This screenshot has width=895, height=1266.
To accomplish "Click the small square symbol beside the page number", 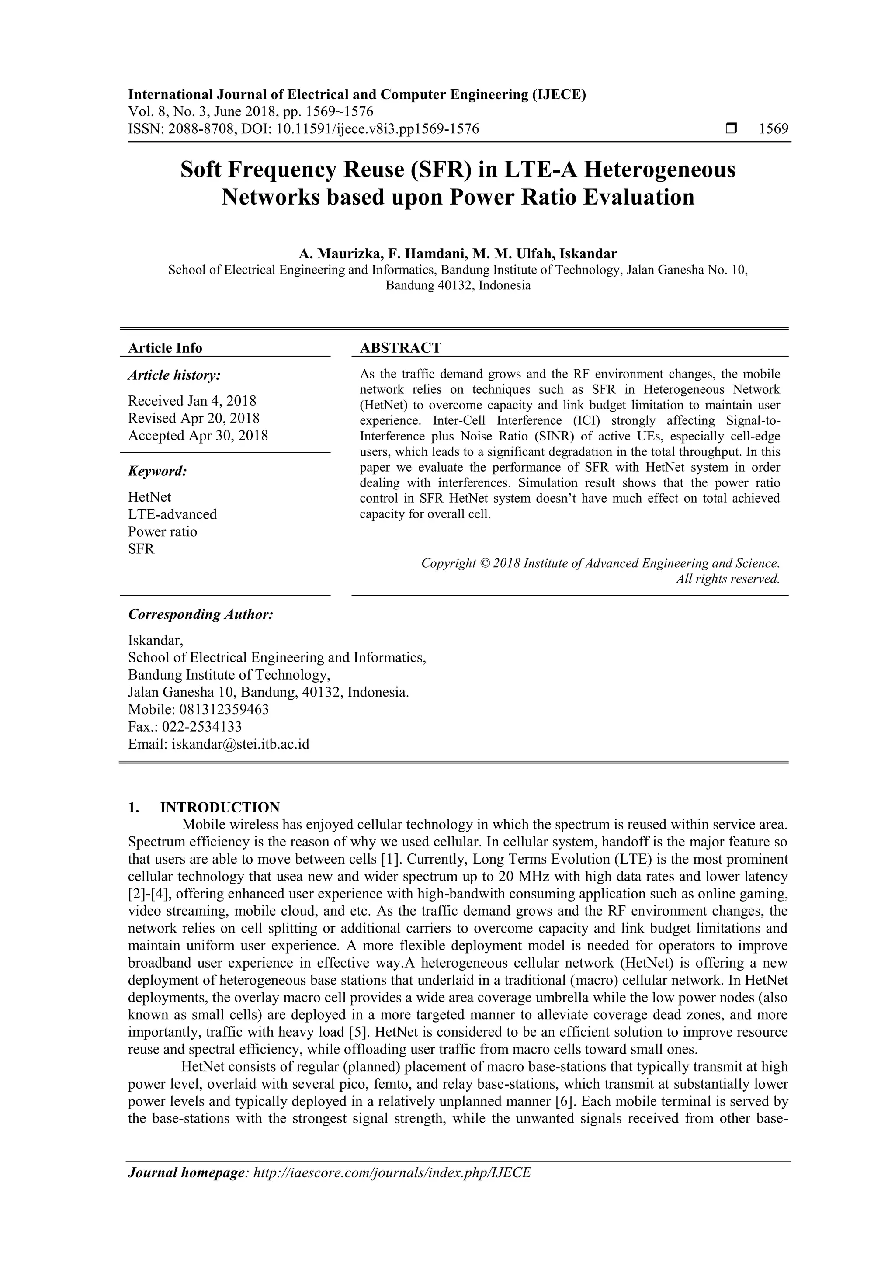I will [x=731, y=129].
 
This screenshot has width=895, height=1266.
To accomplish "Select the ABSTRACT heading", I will [x=400, y=347].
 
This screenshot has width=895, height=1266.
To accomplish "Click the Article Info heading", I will [x=165, y=348].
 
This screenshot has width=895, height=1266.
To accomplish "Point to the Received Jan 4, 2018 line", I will [x=192, y=400].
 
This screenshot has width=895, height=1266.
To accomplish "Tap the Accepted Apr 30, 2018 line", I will [x=198, y=435].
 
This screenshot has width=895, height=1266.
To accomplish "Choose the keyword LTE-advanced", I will [x=172, y=514].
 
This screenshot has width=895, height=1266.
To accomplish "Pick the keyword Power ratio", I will [x=162, y=531].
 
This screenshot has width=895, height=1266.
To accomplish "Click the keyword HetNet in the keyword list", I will [x=149, y=497].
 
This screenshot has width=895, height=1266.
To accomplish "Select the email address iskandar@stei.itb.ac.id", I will [x=240, y=744].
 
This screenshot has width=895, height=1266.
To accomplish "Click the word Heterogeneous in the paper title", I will [x=659, y=169].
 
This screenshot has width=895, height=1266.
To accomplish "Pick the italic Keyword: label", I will [x=157, y=472].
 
